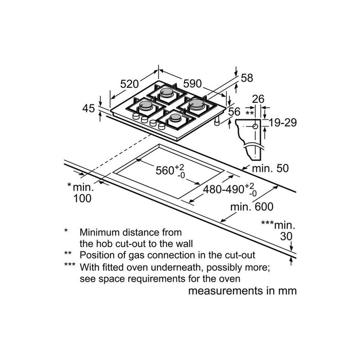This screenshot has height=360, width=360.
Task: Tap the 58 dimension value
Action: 247,78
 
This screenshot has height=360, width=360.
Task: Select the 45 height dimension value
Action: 88,109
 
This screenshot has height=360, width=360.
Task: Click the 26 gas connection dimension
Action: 258,99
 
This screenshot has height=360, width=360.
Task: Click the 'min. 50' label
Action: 271,169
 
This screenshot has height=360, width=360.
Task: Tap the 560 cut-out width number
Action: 166,171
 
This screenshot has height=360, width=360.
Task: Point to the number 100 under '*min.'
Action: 82,199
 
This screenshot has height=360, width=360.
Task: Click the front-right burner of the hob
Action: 174,119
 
